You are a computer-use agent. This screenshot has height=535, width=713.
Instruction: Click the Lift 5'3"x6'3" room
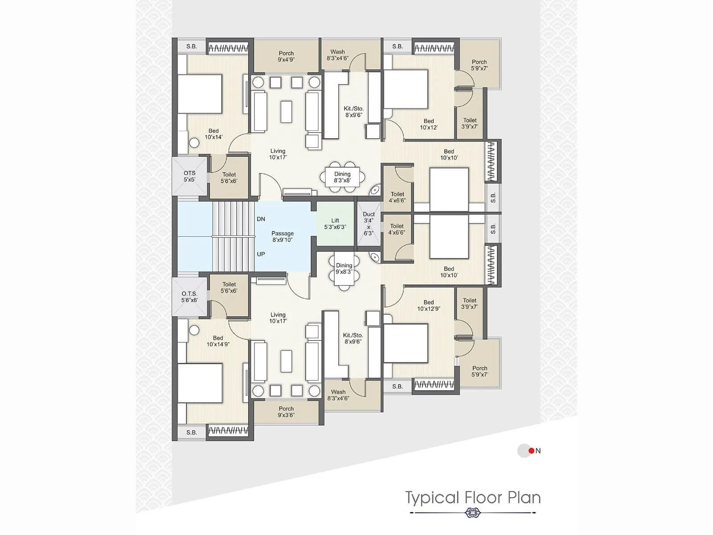pyautogui.click(x=335, y=224)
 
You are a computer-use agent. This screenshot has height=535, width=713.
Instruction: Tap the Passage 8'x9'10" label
pyautogui.click(x=283, y=236)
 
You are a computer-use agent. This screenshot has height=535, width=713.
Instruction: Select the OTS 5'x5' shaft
pyautogui.click(x=189, y=176)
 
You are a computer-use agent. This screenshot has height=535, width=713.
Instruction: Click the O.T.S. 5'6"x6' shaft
pyautogui.click(x=189, y=297)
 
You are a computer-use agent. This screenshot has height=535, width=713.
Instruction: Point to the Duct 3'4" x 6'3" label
pyautogui.click(x=369, y=224)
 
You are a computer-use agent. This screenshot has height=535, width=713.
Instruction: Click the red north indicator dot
pyautogui.click(x=531, y=451)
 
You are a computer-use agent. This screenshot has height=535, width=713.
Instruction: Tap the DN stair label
pyautogui.click(x=261, y=219)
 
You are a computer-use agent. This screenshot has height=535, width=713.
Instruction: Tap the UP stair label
pyautogui.click(x=261, y=254)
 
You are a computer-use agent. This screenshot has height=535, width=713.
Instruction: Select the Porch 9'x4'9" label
pyautogui.click(x=286, y=56)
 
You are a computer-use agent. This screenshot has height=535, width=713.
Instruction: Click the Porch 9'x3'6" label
pyautogui.click(x=286, y=412)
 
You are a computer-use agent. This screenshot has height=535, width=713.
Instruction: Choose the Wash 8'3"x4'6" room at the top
pyautogui.click(x=338, y=55)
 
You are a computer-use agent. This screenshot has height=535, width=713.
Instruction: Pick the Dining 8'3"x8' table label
pyautogui.click(x=342, y=177)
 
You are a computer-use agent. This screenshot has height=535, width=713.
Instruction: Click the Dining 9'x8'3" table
pyautogui.click(x=344, y=269)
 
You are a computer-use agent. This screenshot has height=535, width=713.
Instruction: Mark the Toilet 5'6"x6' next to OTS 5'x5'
pyautogui.click(x=229, y=178)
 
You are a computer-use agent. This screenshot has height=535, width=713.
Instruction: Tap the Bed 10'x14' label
pyautogui.click(x=214, y=134)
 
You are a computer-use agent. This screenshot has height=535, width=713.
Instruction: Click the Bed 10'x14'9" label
pyautogui.click(x=218, y=341)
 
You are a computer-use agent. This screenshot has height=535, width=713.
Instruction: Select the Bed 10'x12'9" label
pyautogui.click(x=429, y=305)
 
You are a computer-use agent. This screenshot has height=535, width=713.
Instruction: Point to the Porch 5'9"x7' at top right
pyautogui.click(x=479, y=65)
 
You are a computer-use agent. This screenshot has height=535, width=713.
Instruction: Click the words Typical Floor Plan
pyautogui.click(x=473, y=498)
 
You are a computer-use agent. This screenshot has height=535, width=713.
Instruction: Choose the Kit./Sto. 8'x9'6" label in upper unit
pyautogui.click(x=353, y=111)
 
